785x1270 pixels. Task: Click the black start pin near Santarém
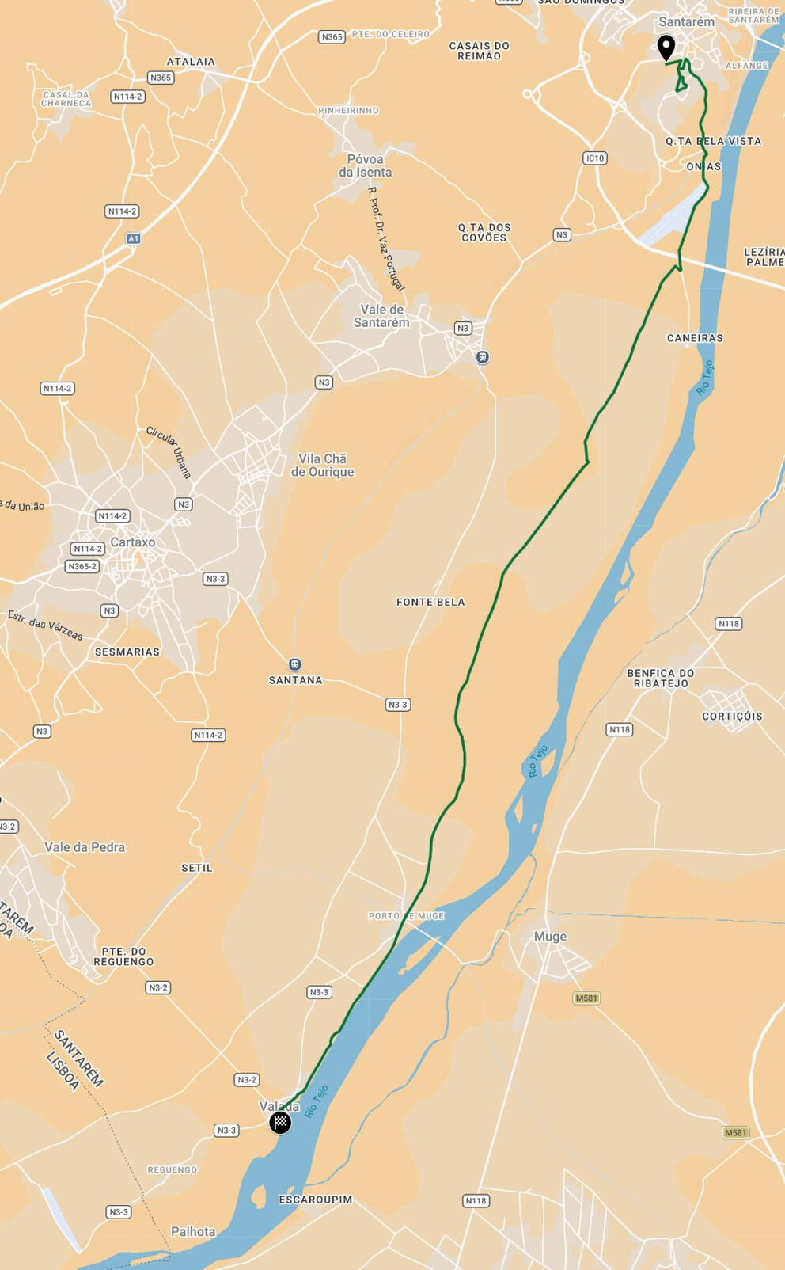point(666,47)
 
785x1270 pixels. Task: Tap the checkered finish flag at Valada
point(280,1122)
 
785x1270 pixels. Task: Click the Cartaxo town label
point(133,542)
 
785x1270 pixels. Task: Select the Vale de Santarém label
point(381,316)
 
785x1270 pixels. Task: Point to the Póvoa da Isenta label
point(365,165)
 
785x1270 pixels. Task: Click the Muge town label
point(550,936)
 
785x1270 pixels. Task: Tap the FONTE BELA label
point(430,602)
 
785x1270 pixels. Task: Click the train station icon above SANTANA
point(295,664)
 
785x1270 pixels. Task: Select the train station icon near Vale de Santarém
point(483,357)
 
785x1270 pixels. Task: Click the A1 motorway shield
point(133,238)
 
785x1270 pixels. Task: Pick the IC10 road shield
point(594,158)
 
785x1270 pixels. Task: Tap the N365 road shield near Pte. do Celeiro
point(332,36)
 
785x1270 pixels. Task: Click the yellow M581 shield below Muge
point(586,998)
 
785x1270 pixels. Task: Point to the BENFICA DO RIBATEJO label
point(661,678)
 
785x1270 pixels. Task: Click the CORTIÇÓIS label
point(732,716)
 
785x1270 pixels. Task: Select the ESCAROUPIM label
point(316,1200)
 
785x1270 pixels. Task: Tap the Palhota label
point(193,1231)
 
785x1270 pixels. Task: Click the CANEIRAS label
point(695,338)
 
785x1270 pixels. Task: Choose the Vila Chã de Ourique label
point(322,465)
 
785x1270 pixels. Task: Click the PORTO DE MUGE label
point(407,915)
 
